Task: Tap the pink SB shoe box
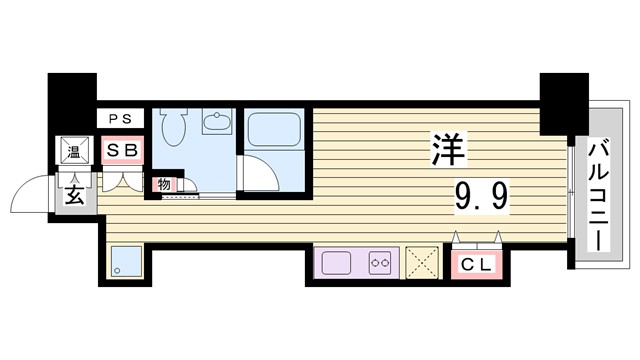pyautogui.click(x=126, y=152)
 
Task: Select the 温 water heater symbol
pyautogui.click(x=74, y=152)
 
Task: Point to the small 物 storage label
pyautogui.click(x=162, y=184)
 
